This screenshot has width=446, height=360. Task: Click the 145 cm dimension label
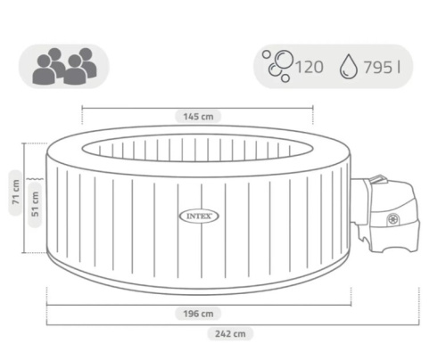tap(198, 115)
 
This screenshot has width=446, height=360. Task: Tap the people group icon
tap(63, 66)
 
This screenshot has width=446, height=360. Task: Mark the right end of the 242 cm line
tap(415, 326)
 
